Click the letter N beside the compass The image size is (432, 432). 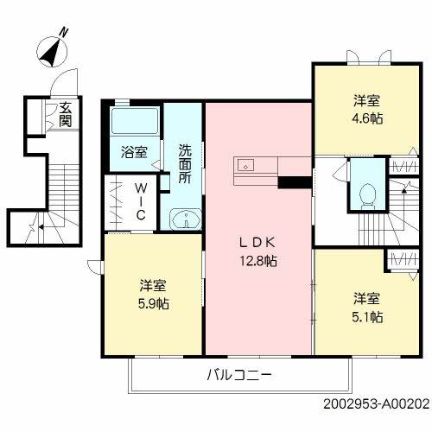[x=63, y=32]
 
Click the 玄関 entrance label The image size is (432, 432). [x=66, y=114]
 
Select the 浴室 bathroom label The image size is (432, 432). [x=134, y=152]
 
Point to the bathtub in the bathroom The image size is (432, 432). [x=135, y=121]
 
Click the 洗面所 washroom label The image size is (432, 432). [x=185, y=163]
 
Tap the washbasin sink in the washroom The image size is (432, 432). [x=186, y=219]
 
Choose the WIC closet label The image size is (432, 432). [x=141, y=201]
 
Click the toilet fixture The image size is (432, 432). [x=368, y=196]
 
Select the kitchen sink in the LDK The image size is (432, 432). [x=245, y=166]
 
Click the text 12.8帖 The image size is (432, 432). [x=258, y=261]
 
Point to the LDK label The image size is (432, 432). [x=257, y=243]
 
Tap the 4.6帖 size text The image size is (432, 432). [x=367, y=118]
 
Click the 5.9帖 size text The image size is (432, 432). [x=154, y=304]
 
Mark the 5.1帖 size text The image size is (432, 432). [x=367, y=317]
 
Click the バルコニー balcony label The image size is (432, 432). [x=239, y=375]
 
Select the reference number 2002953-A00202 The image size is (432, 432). [x=376, y=403]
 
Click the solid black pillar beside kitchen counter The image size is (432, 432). [x=295, y=182]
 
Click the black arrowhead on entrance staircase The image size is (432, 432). [x=41, y=227]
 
